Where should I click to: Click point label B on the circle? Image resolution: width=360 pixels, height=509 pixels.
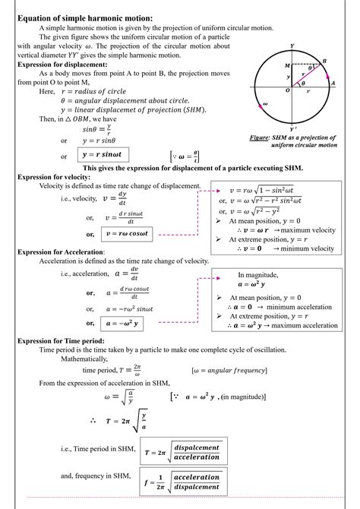[x=324, y=61]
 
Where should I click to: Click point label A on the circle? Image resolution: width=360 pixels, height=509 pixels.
[x=335, y=84]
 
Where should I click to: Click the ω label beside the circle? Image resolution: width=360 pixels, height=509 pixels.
[x=264, y=104]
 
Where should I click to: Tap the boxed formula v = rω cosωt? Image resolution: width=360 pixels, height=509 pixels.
[x=120, y=235]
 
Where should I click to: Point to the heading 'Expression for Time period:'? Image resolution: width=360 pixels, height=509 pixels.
[x=60, y=341]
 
